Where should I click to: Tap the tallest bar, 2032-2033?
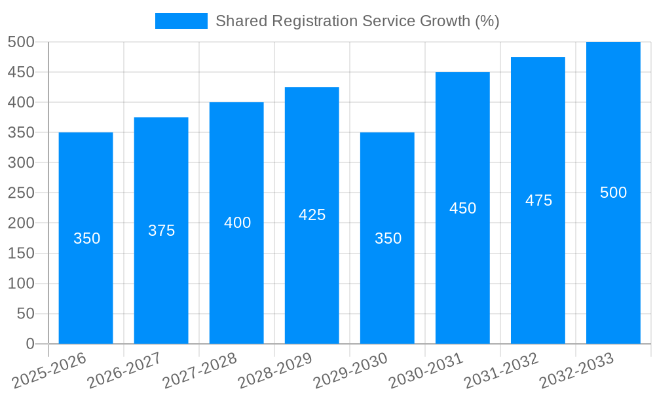[x=613, y=262]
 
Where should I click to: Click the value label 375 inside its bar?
[x=161, y=231]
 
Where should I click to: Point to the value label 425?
[x=312, y=215]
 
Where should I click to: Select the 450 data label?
[x=462, y=208]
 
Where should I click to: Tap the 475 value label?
[x=538, y=200]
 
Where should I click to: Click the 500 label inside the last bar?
[x=613, y=193]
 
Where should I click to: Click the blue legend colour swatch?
[x=181, y=21]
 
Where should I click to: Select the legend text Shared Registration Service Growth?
[x=357, y=21]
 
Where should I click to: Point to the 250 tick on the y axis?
[x=21, y=193]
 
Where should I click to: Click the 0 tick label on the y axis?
[x=29, y=344]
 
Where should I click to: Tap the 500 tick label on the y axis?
[x=21, y=43]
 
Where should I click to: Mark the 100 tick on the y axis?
[x=21, y=284]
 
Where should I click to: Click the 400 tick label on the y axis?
[x=21, y=103]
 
